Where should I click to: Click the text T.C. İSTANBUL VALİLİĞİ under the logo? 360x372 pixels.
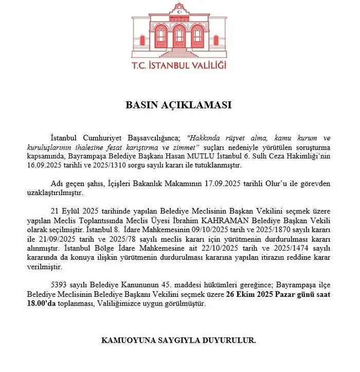(x=179, y=65)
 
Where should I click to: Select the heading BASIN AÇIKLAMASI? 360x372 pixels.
(x=179, y=105)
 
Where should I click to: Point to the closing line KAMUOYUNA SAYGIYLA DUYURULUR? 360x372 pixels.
(x=179, y=341)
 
